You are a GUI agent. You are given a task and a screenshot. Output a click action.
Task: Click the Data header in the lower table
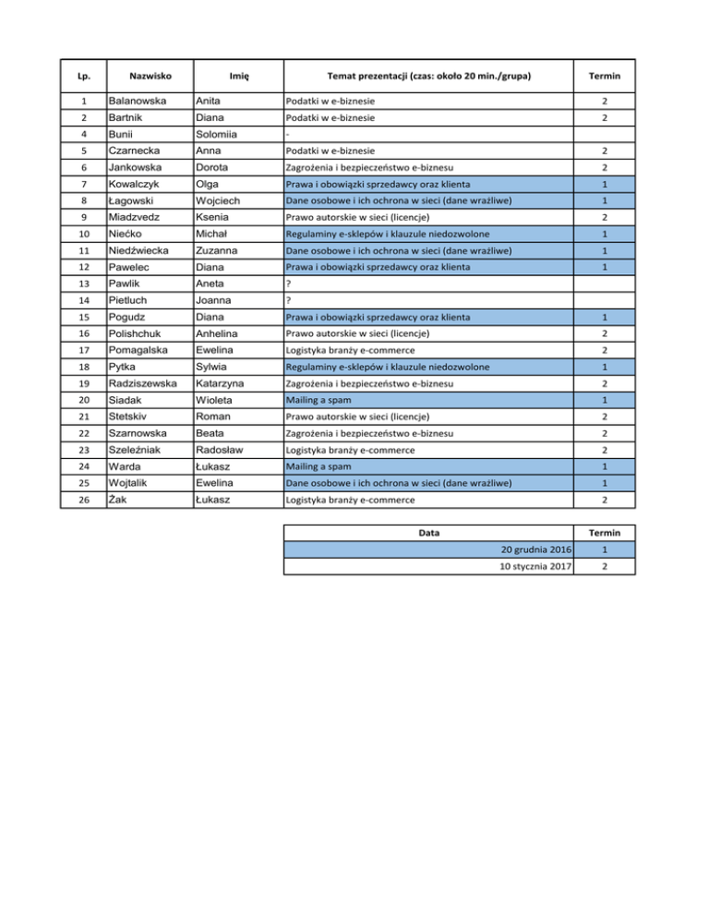coord(429,533)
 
